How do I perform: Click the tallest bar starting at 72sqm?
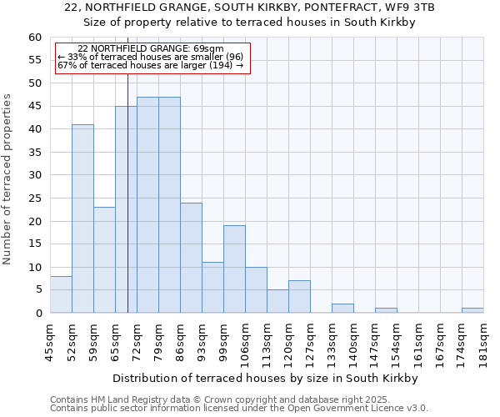pos(147,205)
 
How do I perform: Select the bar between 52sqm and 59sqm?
pos(82,219)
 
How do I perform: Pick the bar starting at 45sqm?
pos(61,294)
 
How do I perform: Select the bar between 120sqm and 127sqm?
pos(299,297)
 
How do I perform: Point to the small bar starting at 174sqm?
pos(472,310)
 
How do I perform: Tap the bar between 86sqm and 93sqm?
pos(191,258)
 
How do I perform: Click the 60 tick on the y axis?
pos(34,38)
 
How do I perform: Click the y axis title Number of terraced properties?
pos(8,179)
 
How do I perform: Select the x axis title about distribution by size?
pos(267,378)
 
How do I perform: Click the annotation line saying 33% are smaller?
pos(150,57)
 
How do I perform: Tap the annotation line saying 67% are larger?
pos(150,65)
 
